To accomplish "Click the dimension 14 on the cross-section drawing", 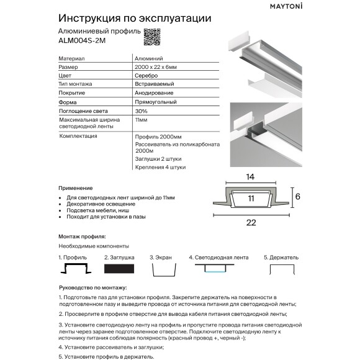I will [x=251, y=178].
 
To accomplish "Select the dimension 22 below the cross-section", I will [x=251, y=222].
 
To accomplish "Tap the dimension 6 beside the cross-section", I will [x=297, y=196].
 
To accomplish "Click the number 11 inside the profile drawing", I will [x=251, y=199].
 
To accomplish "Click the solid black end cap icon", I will [x=120, y=269].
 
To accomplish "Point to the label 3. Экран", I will [x=161, y=256].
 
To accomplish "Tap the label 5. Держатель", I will [x=281, y=256].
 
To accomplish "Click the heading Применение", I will [x=76, y=187].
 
